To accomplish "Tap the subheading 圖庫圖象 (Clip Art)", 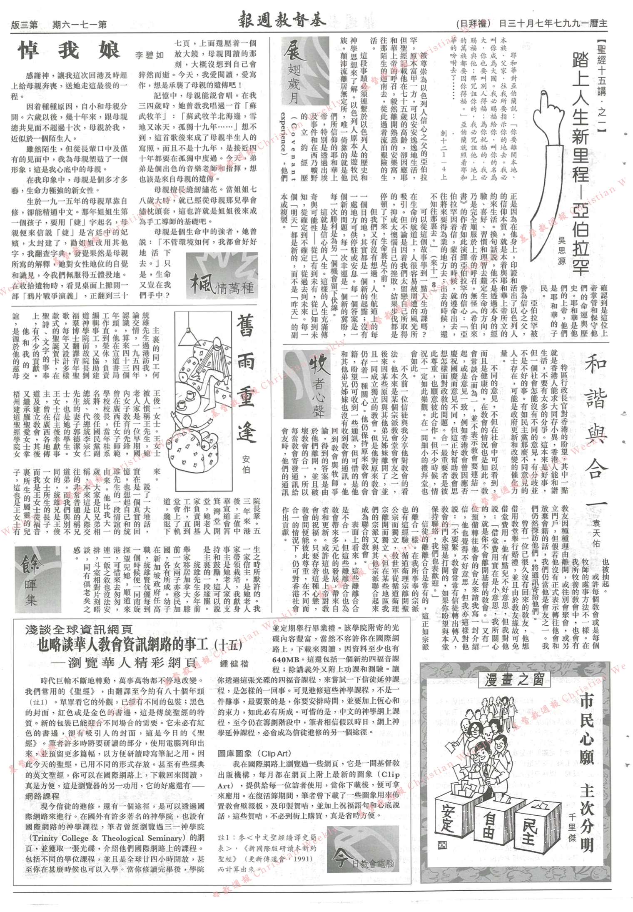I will [x=254, y=753].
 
